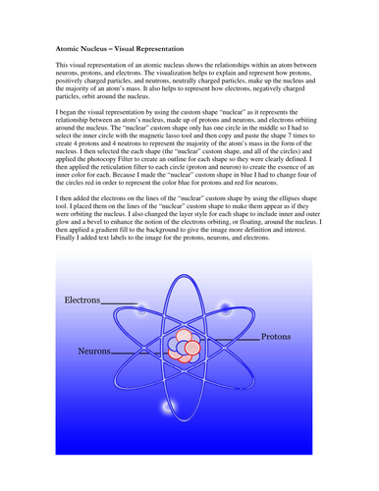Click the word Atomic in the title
(59, 46)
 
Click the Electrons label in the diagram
(81, 299)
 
